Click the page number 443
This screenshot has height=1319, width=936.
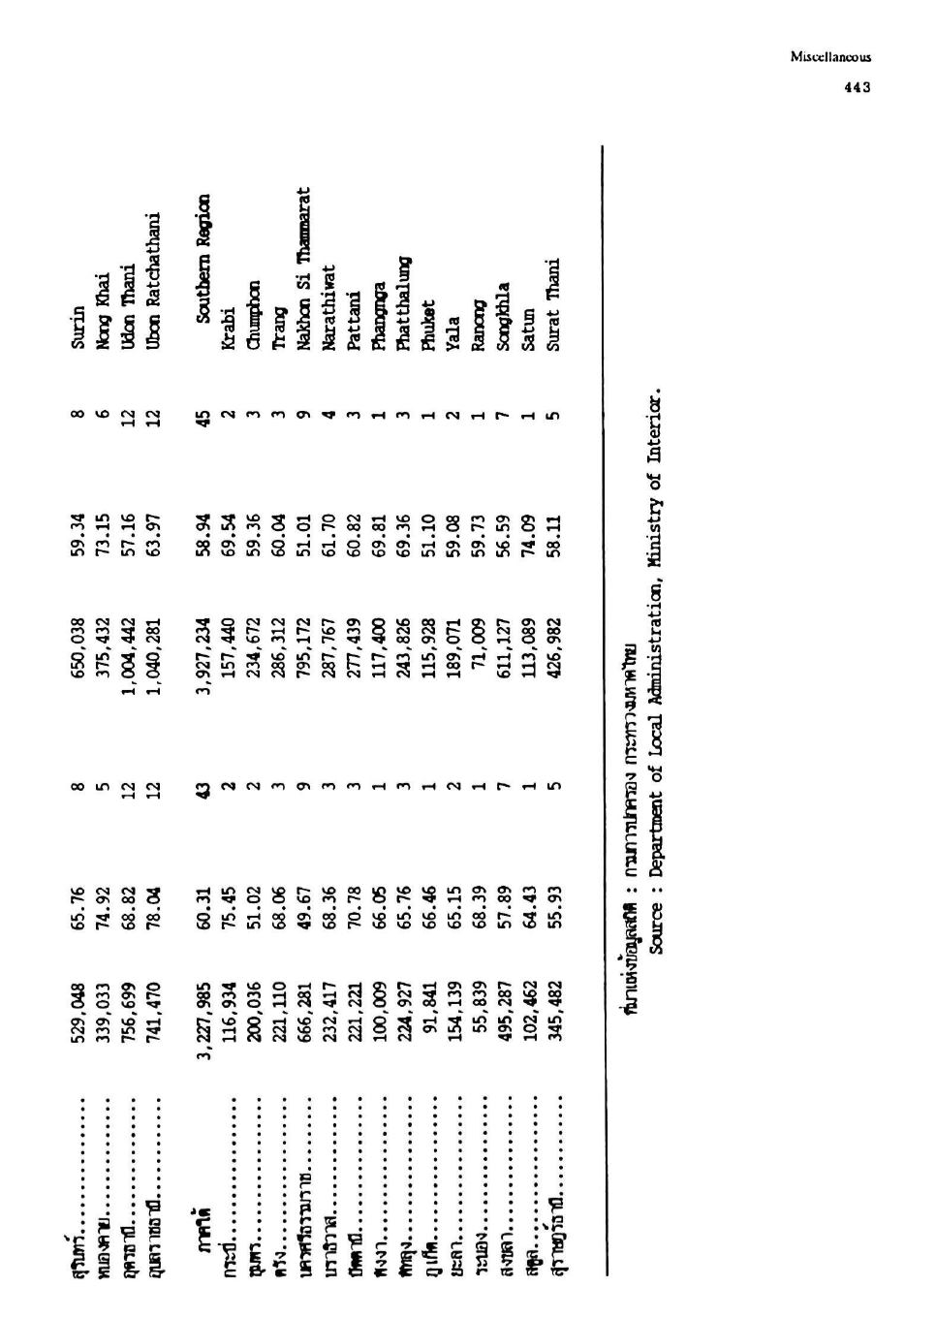coord(857,87)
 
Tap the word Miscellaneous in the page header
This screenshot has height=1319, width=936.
coord(830,57)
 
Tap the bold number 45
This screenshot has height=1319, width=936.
coord(203,418)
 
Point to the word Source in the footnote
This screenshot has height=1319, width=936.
coord(655,927)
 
